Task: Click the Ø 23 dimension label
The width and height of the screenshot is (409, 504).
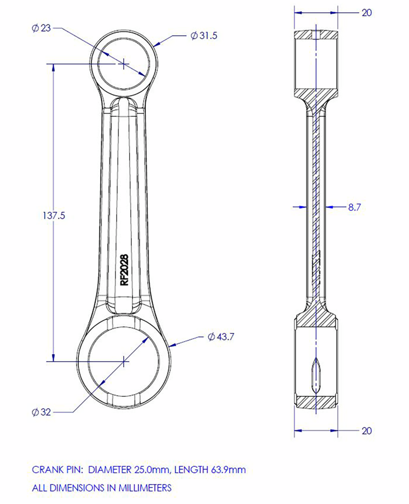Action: coord(41,28)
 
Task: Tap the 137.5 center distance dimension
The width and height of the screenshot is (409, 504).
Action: coord(53,216)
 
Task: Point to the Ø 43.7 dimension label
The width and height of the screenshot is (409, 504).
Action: coord(221,337)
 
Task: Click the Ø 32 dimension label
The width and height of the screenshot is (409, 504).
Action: coord(41,412)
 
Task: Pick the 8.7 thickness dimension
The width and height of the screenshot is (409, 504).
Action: coord(354,207)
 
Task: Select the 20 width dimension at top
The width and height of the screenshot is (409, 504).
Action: coord(366,13)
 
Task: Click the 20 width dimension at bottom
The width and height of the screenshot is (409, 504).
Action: coord(366,431)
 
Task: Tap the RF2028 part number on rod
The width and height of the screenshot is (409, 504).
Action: coord(124,270)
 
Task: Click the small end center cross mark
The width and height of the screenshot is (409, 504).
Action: coord(123,64)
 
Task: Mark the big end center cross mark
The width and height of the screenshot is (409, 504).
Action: coord(123,361)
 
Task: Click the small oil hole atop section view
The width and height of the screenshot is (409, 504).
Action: coord(316,35)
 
